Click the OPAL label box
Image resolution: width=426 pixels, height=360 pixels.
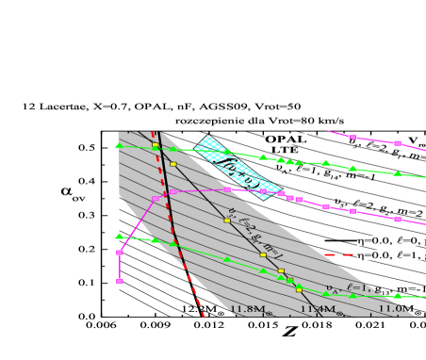tap(286, 139)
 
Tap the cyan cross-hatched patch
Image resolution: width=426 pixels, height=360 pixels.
tap(227, 161)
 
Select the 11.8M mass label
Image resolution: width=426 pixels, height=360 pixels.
tap(249, 308)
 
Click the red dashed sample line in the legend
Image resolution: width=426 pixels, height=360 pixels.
tap(338, 254)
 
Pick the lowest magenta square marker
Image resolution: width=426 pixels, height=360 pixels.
tap(120, 281)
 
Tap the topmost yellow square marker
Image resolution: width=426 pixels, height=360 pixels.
tap(156, 144)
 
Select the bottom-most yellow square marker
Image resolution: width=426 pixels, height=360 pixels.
tap(299, 289)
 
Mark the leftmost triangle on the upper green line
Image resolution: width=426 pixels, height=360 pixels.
tap(119, 145)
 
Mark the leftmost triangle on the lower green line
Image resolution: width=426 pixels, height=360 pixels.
tap(119, 236)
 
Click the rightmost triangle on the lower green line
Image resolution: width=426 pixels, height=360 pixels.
tap(398, 295)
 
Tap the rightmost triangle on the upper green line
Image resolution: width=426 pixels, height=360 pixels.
tap(398, 173)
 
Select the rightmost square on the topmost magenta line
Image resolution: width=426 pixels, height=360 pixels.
tap(398, 143)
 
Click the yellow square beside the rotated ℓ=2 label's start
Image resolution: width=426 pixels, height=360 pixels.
tap(226, 220)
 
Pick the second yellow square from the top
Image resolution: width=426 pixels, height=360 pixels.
tap(172, 164)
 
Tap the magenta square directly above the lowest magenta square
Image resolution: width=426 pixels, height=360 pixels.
tap(120, 253)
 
